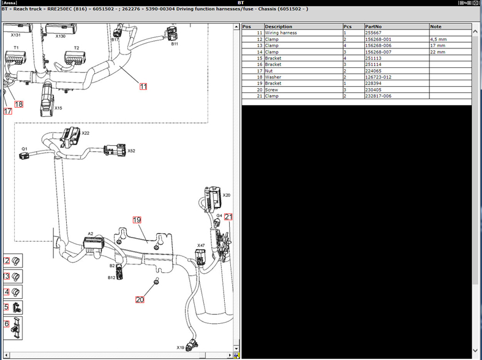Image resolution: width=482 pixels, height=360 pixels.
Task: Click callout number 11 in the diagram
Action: pyautogui.click(x=143, y=86)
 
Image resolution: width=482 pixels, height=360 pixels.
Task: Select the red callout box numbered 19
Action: pyautogui.click(x=137, y=220)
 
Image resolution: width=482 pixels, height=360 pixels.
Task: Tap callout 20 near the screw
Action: pyautogui.click(x=140, y=299)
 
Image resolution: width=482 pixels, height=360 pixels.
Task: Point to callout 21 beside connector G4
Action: pyautogui.click(x=228, y=217)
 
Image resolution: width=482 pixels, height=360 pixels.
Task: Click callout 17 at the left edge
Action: pyautogui.click(x=7, y=111)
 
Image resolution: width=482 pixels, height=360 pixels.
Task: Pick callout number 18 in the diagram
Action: pyautogui.click(x=19, y=104)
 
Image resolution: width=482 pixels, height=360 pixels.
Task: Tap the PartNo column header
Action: pyautogui.click(x=373, y=26)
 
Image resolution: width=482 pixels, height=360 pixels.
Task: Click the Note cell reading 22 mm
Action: pyautogui.click(x=437, y=51)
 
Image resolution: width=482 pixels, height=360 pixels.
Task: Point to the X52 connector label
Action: pyautogui.click(x=131, y=151)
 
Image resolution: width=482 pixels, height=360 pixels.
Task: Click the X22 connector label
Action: pyautogui.click(x=86, y=133)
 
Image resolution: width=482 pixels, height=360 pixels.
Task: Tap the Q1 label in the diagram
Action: pyautogui.click(x=24, y=148)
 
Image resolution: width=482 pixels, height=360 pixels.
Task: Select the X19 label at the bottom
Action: pyautogui.click(x=181, y=347)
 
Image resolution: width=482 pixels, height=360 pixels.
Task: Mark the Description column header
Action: pyautogui.click(x=279, y=26)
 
